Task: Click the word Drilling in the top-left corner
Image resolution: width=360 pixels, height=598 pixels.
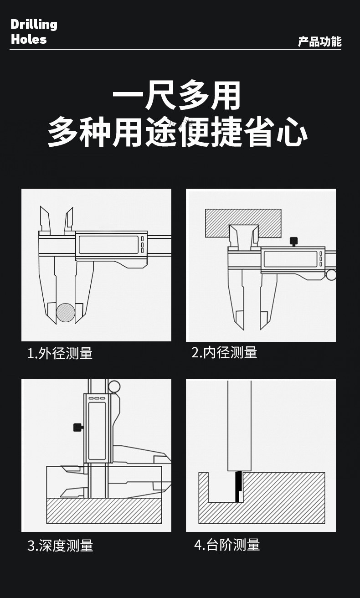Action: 34,24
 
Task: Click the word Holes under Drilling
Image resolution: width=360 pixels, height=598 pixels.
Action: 29,39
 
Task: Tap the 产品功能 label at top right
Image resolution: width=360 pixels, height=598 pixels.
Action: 319,42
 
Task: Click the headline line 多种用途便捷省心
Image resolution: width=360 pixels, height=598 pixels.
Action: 178,132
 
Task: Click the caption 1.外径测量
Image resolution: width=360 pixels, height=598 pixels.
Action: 60,353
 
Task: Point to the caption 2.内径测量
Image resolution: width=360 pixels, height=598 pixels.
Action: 224,352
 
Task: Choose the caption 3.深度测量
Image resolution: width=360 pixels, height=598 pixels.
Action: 60,546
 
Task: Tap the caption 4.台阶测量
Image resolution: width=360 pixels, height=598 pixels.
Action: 227,545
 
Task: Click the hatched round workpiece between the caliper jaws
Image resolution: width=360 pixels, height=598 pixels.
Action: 66,313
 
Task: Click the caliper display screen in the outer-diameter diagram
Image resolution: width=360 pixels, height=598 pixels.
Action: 108,245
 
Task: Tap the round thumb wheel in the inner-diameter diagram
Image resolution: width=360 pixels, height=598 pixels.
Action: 331,275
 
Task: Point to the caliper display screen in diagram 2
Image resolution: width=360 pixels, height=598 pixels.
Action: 290,259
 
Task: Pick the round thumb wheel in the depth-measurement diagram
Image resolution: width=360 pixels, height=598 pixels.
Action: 114,387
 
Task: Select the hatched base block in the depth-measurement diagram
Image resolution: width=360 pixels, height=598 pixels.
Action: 104,510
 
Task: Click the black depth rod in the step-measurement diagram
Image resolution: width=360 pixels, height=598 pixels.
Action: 237,487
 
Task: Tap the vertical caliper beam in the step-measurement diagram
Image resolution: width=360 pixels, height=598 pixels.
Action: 239,424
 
